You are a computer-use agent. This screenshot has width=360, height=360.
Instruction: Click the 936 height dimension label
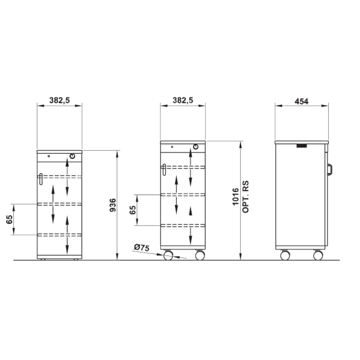(x=113, y=205)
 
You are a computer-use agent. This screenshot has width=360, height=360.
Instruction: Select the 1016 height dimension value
(x=235, y=197)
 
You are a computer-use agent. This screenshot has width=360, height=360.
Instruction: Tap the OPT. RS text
(x=246, y=197)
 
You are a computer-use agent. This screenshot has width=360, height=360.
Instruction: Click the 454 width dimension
(x=301, y=101)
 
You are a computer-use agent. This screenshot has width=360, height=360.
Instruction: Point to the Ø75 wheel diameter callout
(x=141, y=248)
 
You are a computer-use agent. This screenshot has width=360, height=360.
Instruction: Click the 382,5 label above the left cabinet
(x=59, y=100)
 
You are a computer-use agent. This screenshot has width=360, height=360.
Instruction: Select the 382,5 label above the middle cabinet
(x=183, y=100)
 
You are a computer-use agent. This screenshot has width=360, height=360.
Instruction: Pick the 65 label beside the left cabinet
(x=9, y=220)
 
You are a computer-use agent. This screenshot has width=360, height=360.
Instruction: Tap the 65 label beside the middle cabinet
(x=133, y=210)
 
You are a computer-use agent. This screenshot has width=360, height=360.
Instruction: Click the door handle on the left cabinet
(x=41, y=179)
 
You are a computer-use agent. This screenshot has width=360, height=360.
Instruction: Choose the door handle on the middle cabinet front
(x=164, y=170)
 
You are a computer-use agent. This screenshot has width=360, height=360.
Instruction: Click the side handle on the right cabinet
(x=330, y=170)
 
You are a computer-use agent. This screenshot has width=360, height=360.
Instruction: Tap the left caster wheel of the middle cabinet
(x=168, y=256)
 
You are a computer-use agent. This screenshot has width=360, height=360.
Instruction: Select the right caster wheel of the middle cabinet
(x=200, y=256)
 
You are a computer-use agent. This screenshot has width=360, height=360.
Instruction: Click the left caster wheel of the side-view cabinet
(x=285, y=256)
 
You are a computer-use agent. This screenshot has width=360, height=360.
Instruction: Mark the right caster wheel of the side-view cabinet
(x=318, y=256)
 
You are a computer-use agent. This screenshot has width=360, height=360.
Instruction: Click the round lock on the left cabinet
(x=72, y=156)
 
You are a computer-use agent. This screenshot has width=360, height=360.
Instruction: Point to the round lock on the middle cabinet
(x=195, y=147)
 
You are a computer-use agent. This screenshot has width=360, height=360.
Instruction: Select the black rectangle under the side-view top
(x=302, y=145)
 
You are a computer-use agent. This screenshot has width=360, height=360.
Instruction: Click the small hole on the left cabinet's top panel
(x=49, y=156)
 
